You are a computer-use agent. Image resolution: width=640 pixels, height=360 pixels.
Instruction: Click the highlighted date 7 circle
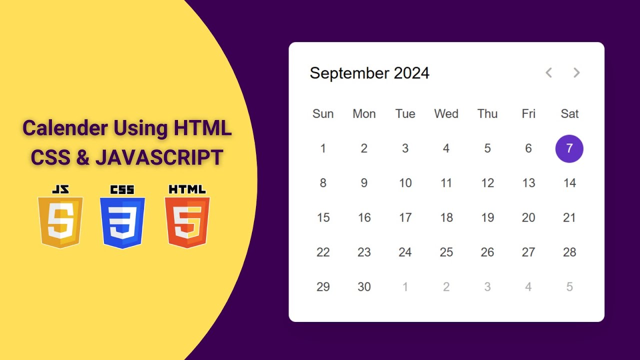(x=569, y=148)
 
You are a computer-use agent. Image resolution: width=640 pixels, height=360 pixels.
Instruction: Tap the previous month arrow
(x=548, y=73)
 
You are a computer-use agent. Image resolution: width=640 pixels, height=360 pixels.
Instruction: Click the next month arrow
(x=576, y=73)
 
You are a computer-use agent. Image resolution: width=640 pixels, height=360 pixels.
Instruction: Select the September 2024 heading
(x=369, y=73)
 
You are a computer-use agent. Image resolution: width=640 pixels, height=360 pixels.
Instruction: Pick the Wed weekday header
(x=446, y=114)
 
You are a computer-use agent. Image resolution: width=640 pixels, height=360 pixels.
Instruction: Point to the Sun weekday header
(x=323, y=114)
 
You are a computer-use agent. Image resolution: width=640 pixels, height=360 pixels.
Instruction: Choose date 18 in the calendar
(x=446, y=217)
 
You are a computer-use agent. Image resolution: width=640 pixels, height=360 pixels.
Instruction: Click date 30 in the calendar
(x=364, y=287)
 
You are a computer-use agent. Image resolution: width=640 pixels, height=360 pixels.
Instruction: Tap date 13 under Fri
(x=528, y=183)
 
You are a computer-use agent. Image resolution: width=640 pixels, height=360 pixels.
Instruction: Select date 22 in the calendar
(x=323, y=252)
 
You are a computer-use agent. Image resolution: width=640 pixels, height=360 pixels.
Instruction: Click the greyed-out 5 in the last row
(x=569, y=287)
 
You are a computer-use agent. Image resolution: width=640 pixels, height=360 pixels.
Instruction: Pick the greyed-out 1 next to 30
(x=405, y=287)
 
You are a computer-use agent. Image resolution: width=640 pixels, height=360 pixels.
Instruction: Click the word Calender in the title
(x=65, y=128)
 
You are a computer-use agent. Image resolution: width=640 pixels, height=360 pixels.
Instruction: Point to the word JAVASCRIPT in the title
(x=159, y=158)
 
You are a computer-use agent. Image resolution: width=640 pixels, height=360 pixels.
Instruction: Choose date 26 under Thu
(x=487, y=252)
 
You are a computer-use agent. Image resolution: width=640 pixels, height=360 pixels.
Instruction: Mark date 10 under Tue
(x=405, y=183)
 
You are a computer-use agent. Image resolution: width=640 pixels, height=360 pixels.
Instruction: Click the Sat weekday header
(x=569, y=114)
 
